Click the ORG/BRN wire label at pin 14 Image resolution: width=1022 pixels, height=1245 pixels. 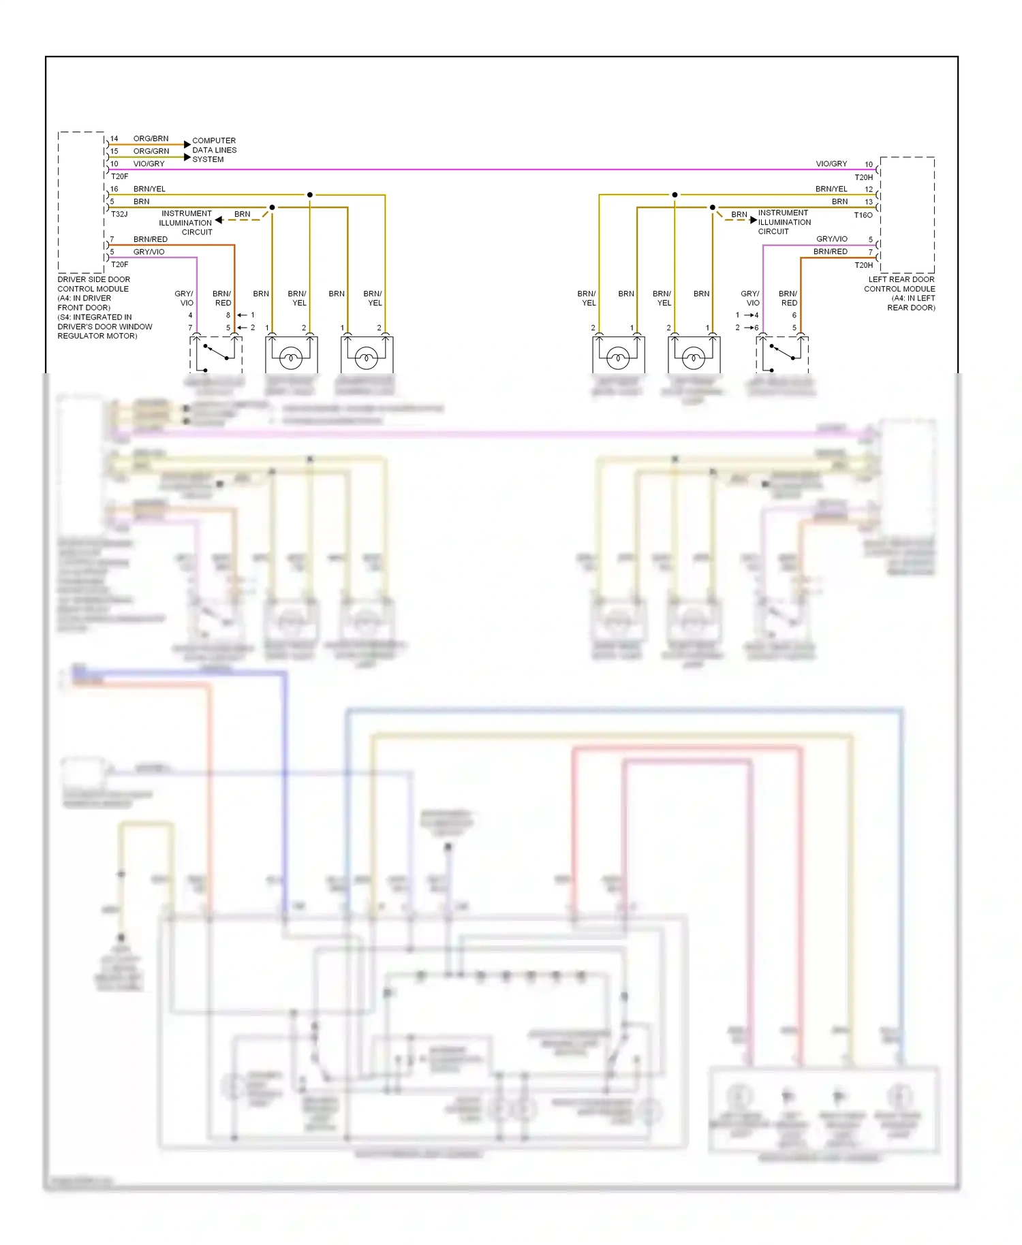[x=151, y=138]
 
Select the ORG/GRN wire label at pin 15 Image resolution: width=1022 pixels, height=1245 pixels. [x=151, y=151]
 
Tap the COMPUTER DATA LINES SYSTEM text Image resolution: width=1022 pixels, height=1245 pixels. [x=214, y=150]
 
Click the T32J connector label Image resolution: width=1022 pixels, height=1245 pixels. [x=119, y=214]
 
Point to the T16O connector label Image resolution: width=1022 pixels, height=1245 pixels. [x=863, y=215]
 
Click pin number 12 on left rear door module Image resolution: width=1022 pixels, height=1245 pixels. [x=869, y=189]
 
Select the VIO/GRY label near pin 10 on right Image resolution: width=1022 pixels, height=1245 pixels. [x=831, y=164]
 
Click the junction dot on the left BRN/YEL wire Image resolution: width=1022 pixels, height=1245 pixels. [x=310, y=195]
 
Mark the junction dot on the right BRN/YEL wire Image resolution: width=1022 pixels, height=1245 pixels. [x=675, y=195]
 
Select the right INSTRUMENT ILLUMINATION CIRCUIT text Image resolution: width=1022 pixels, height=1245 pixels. [x=784, y=222]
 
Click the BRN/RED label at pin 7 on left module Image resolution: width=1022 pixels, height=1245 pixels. [x=150, y=239]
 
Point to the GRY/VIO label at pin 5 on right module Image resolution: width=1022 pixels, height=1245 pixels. [x=831, y=239]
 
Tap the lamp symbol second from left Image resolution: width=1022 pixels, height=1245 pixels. [x=291, y=356]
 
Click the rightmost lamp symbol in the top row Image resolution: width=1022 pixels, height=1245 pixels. [x=694, y=356]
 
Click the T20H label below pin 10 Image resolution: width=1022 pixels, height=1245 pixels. [x=863, y=177]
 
